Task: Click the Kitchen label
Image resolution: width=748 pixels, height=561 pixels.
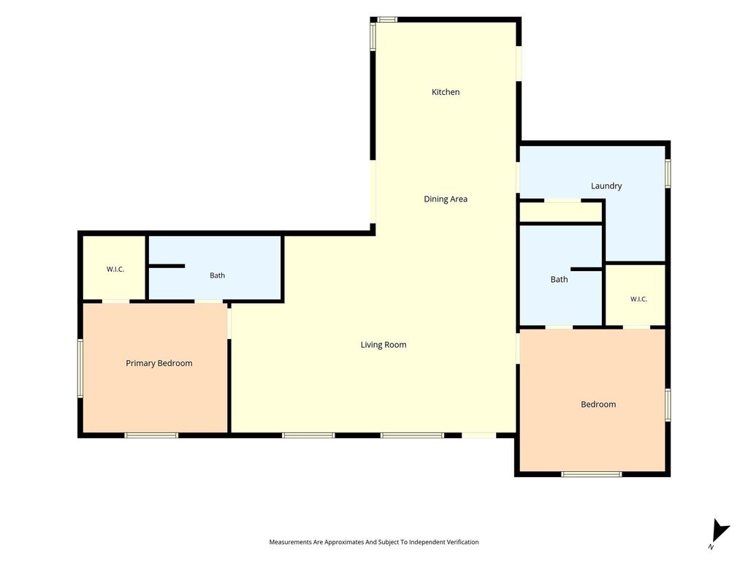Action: (x=446, y=92)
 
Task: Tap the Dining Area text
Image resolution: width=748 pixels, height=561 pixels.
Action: (x=446, y=199)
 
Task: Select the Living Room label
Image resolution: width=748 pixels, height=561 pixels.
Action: (x=383, y=345)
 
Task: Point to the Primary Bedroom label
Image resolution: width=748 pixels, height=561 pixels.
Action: (x=159, y=363)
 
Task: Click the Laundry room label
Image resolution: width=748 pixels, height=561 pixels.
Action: (x=606, y=186)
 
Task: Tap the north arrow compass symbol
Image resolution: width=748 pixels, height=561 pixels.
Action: (x=720, y=533)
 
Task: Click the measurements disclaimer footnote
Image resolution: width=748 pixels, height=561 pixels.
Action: (x=374, y=542)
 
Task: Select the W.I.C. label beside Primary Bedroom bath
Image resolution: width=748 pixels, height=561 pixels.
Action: (x=115, y=269)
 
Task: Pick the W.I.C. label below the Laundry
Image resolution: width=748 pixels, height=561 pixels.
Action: (x=638, y=299)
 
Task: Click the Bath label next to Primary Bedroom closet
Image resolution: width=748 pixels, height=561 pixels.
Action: (x=217, y=275)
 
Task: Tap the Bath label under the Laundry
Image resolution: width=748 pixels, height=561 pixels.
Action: (x=559, y=280)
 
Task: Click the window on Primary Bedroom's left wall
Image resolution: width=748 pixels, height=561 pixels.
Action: (x=80, y=368)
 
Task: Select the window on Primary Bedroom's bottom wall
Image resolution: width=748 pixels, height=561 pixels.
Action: (x=151, y=435)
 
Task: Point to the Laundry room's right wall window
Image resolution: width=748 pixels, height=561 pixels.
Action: (x=668, y=173)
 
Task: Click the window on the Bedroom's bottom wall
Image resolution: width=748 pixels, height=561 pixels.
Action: (x=592, y=473)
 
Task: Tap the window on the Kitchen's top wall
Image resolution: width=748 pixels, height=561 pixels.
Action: (x=387, y=20)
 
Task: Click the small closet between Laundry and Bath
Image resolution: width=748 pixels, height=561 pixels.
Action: (x=560, y=213)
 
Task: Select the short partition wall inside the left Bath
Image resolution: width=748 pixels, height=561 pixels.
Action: (x=167, y=266)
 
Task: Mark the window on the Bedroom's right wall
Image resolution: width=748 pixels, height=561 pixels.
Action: (x=668, y=405)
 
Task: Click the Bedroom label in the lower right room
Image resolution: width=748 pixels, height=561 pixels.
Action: (x=598, y=404)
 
